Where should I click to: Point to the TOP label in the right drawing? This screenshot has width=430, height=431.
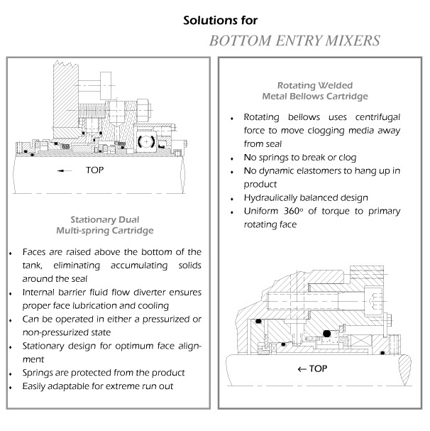319,369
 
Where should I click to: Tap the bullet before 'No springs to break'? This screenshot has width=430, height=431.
233,158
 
